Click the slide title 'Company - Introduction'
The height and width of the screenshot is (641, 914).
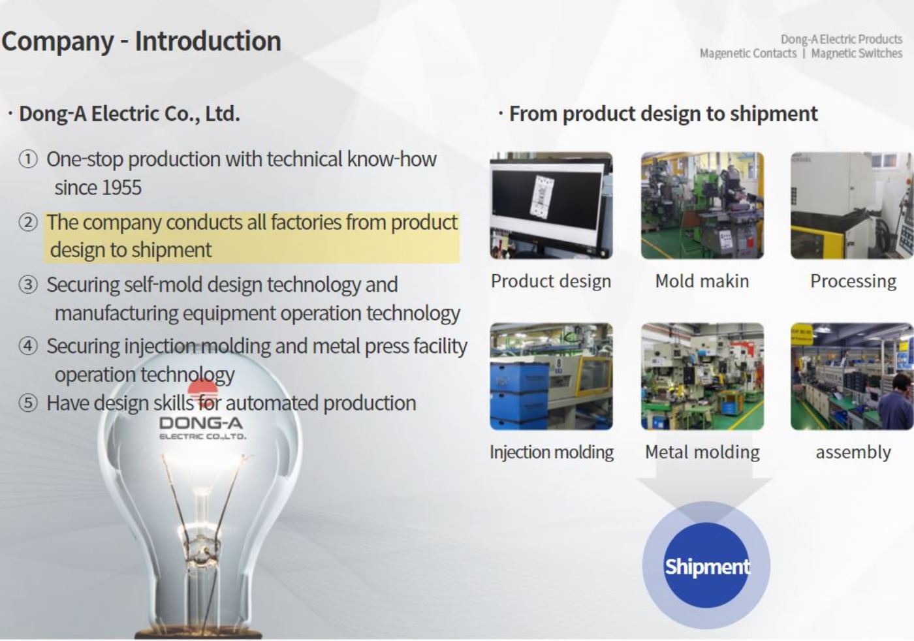tap(141, 41)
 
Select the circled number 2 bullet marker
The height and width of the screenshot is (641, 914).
tap(28, 223)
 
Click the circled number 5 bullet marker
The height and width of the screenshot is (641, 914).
tap(28, 403)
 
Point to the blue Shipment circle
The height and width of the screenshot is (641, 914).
tap(706, 566)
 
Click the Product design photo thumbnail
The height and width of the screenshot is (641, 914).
tap(551, 206)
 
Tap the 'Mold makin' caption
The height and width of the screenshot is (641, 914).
tap(702, 281)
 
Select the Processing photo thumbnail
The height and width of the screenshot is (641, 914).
tap(851, 206)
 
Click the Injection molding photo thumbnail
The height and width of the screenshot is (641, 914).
tap(551, 377)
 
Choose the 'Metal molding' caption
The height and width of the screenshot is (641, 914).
tap(702, 452)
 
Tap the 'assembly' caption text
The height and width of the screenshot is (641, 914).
tap(853, 452)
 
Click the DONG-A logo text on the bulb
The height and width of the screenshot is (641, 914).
tap(201, 423)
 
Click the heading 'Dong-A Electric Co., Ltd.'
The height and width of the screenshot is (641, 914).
tap(129, 114)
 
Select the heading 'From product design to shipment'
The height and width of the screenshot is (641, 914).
tap(663, 114)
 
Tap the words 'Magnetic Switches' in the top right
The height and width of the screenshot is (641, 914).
tap(857, 54)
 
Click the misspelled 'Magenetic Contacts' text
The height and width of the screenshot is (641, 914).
tap(748, 54)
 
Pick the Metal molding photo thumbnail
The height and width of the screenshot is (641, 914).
tap(702, 377)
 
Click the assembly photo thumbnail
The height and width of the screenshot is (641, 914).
tap(851, 377)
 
